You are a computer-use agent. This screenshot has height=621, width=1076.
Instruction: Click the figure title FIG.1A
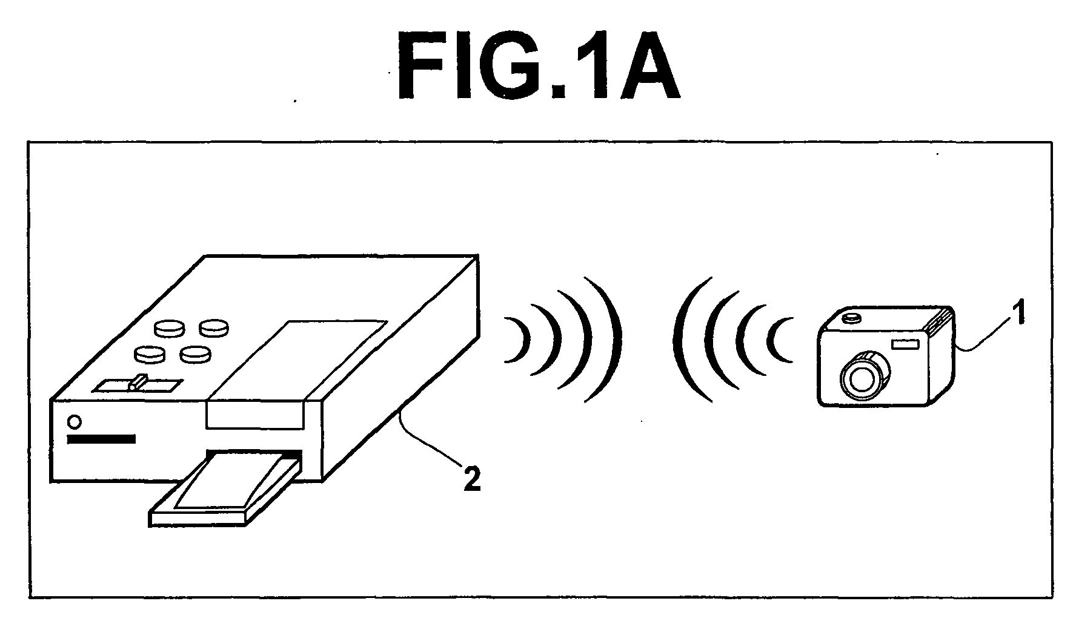point(539,65)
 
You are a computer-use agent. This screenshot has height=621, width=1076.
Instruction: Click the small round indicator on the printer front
point(75,421)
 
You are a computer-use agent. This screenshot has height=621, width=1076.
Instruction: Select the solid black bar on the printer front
point(101,439)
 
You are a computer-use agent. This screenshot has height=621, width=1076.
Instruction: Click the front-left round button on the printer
point(150,353)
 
